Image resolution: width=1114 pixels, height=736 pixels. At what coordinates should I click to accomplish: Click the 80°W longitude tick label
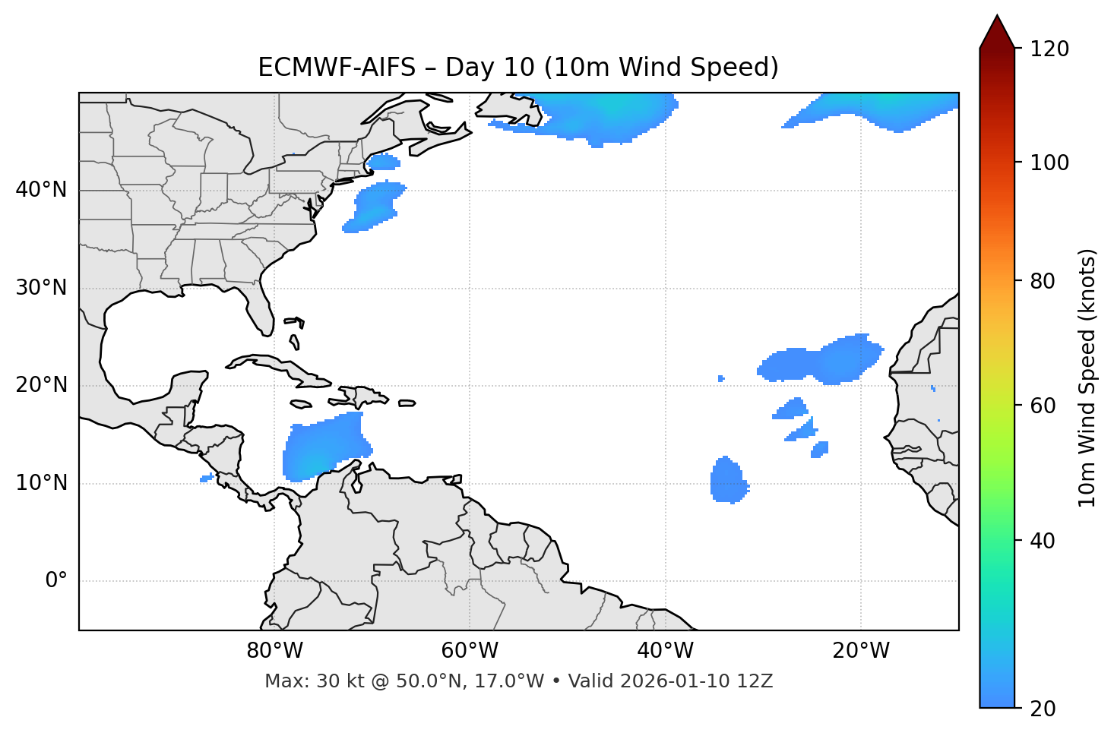tap(274, 651)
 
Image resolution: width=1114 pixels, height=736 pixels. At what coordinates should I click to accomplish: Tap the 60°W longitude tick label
tap(470, 651)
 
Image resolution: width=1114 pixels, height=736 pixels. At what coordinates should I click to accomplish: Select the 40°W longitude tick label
tap(665, 651)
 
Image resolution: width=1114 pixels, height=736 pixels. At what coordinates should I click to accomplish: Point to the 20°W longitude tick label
tap(860, 651)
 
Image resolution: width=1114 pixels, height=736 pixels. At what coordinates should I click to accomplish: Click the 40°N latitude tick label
tap(41, 190)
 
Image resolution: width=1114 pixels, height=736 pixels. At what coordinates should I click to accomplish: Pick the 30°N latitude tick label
tap(41, 288)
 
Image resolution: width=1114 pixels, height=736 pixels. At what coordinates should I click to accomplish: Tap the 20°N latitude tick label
tap(41, 385)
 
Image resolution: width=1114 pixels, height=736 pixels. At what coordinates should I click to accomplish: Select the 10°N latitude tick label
tap(41, 483)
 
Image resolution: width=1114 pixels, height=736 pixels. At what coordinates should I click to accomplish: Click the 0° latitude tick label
tap(56, 581)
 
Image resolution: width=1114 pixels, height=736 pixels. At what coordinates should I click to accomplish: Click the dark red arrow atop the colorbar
tap(997, 33)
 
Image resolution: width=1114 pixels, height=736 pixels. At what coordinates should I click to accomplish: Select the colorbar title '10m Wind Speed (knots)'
tap(1087, 378)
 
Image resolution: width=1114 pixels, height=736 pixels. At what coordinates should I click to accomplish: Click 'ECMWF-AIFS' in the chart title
tap(337, 68)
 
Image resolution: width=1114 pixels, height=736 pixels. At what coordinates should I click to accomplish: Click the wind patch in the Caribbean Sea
tap(325, 448)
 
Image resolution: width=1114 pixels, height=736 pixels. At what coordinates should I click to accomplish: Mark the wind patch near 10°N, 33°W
tap(728, 480)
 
